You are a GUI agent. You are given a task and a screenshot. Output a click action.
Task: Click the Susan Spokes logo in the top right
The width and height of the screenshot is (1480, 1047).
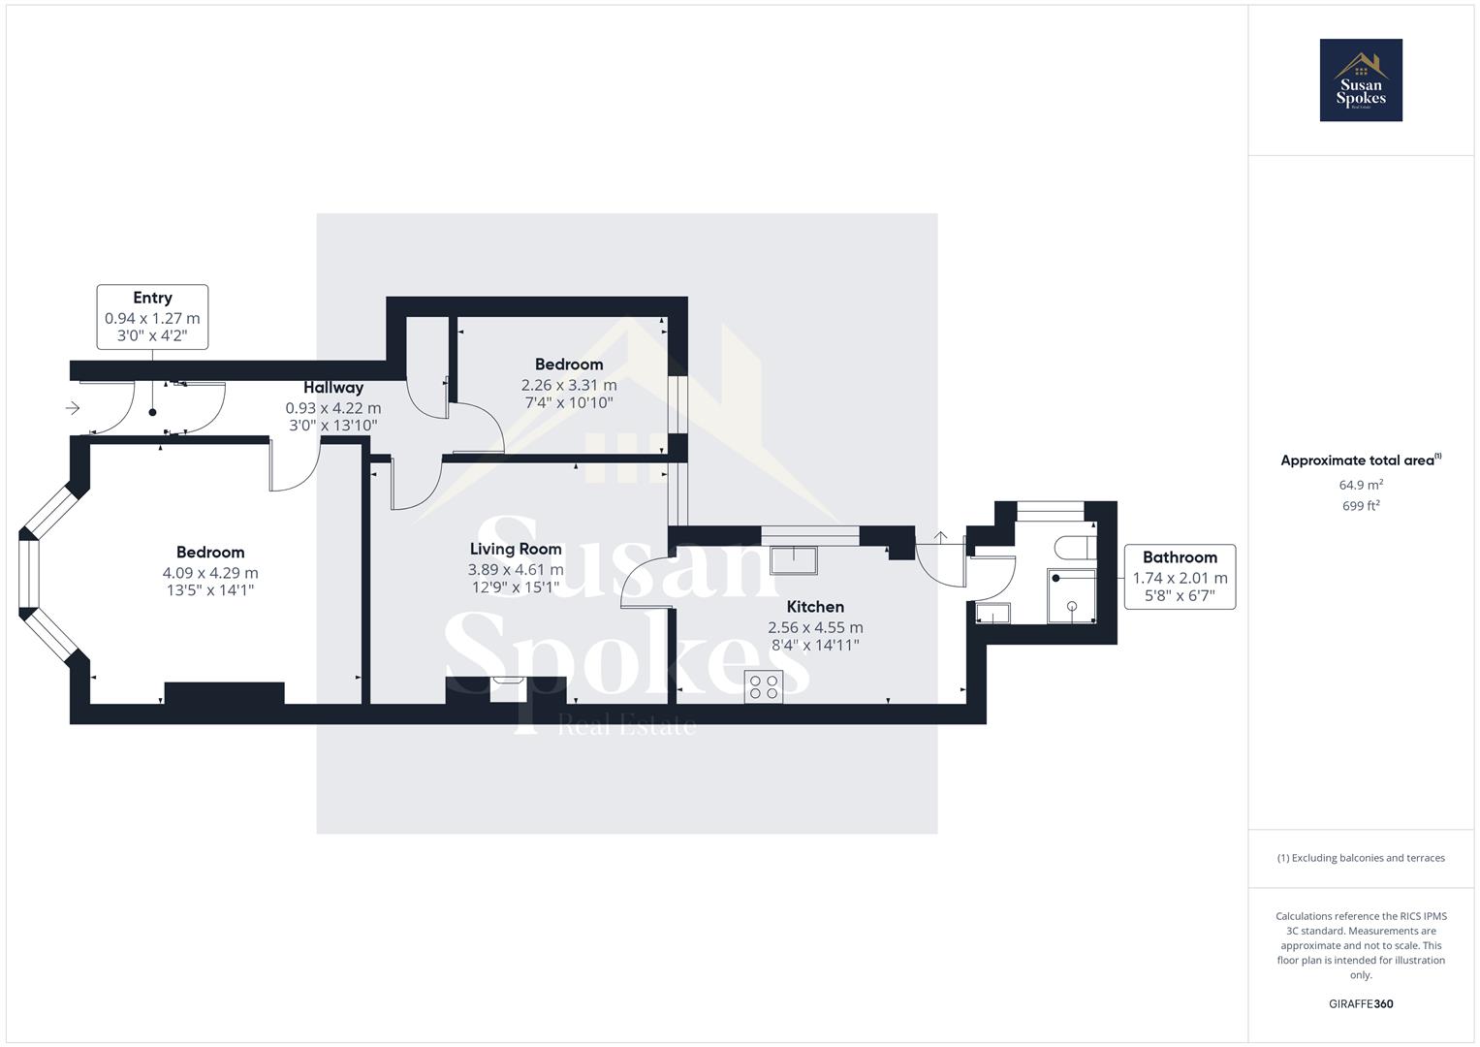click(1360, 80)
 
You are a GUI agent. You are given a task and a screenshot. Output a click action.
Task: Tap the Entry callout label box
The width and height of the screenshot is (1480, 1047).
click(152, 317)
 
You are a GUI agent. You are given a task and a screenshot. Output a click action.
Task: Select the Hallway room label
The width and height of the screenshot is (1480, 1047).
click(332, 388)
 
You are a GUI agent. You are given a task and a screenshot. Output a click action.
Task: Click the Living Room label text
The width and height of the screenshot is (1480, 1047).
click(516, 549)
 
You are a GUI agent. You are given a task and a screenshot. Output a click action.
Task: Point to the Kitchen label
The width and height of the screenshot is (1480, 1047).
click(814, 607)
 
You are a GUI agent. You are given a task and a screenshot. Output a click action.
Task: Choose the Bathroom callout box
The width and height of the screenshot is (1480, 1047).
click(1180, 577)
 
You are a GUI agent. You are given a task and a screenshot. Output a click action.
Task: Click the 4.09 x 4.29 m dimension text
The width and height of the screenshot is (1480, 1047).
click(210, 573)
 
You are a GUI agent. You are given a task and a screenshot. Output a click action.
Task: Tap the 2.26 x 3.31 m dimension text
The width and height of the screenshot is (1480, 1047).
click(569, 385)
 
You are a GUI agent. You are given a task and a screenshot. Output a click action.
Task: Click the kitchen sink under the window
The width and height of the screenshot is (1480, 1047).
click(794, 559)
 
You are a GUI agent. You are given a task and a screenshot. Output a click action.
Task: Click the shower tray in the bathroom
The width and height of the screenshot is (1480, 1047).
click(1071, 595)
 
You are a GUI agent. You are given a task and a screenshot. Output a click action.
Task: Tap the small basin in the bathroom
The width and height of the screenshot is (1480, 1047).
click(992, 613)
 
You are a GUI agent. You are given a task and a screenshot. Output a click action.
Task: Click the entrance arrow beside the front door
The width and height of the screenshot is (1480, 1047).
click(73, 408)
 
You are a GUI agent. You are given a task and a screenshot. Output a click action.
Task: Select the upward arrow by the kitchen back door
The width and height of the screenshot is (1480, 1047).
click(939, 536)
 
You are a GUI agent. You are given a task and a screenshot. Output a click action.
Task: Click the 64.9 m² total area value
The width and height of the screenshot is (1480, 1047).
click(1360, 485)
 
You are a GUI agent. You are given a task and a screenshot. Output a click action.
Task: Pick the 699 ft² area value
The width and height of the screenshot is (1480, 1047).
click(1360, 506)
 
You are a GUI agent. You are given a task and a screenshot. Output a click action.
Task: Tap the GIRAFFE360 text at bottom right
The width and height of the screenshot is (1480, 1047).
click(1360, 1003)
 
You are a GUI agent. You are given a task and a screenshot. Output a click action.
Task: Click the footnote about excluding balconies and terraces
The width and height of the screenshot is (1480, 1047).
click(1360, 858)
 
